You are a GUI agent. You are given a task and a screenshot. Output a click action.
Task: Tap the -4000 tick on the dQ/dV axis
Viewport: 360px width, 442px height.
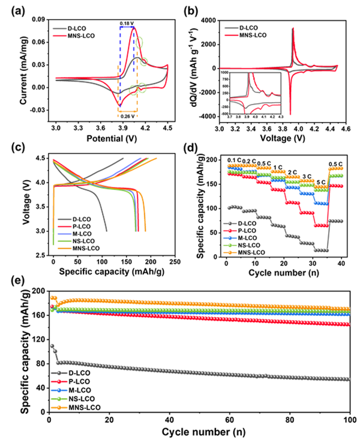(206, 116)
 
